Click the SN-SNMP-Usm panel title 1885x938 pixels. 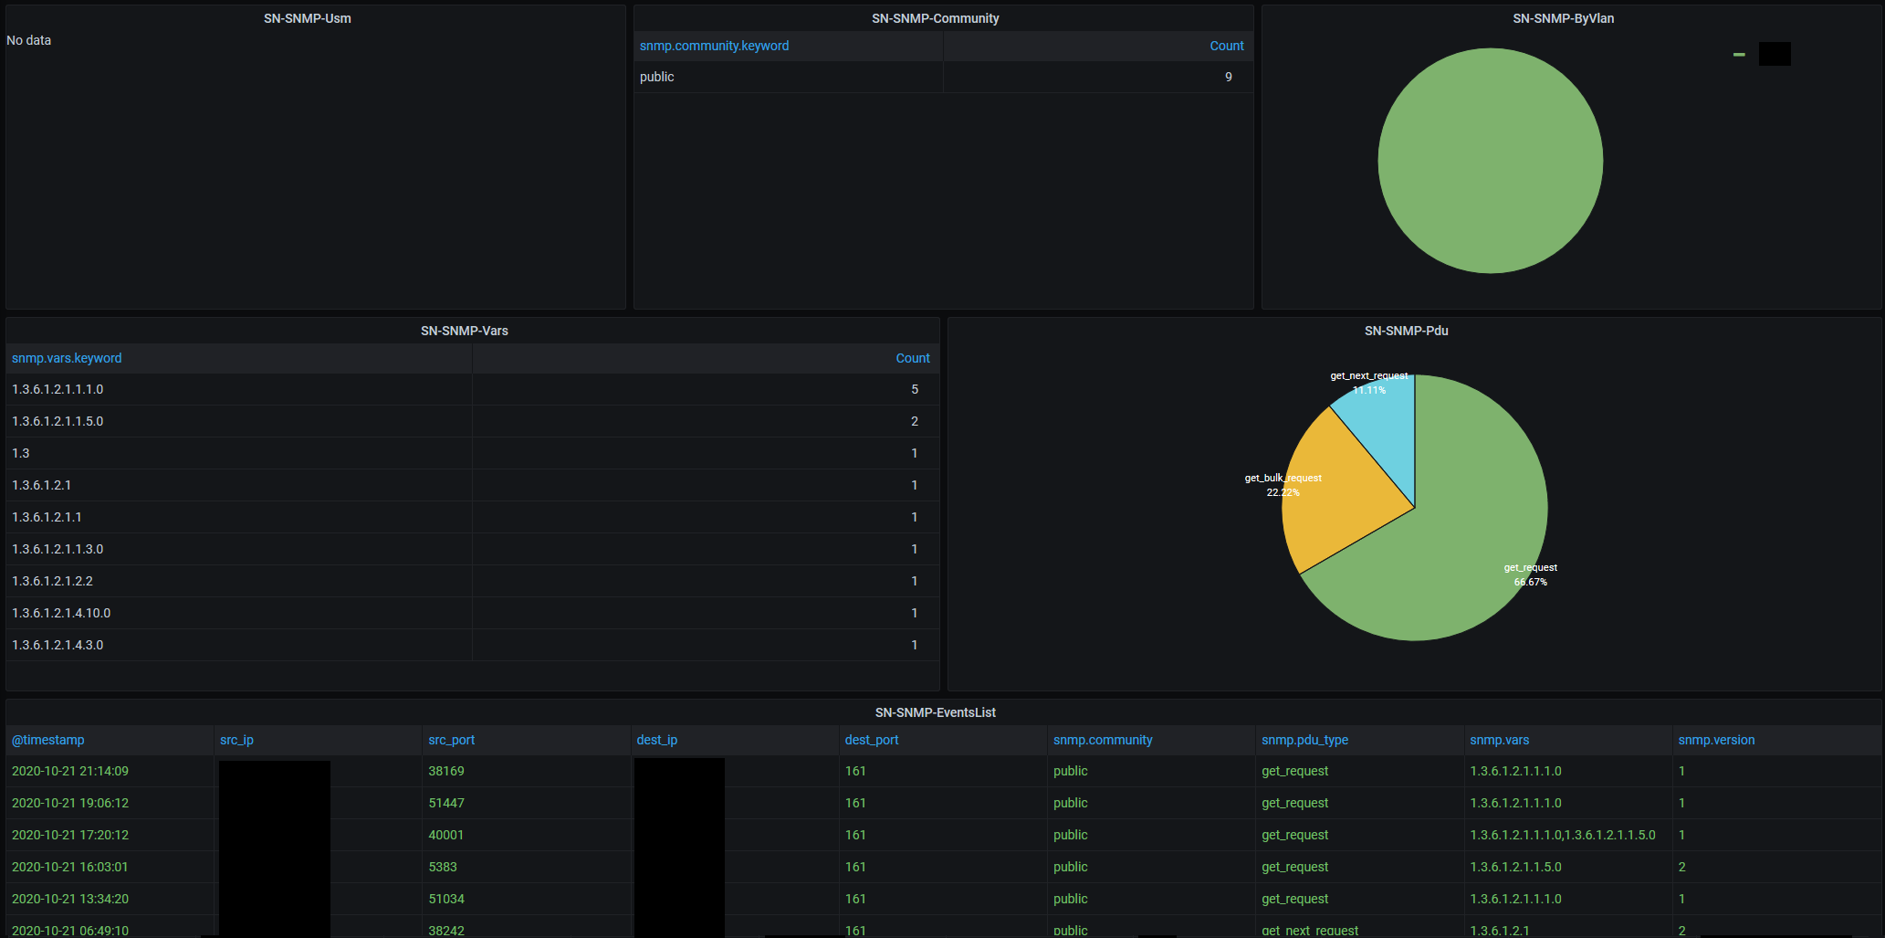coord(307,18)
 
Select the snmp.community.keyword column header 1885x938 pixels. coord(714,46)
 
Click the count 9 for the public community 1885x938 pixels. coord(1228,77)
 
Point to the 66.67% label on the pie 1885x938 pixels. coord(1530,582)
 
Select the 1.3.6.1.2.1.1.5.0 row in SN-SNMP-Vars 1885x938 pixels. coord(58,421)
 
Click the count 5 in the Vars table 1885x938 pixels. coord(914,389)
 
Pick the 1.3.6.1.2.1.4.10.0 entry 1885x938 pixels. coord(61,613)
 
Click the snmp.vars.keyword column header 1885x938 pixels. coord(67,358)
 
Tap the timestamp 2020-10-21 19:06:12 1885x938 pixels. coord(70,803)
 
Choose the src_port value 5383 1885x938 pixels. coord(443,867)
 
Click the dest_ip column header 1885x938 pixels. coord(657,740)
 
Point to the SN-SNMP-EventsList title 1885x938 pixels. coord(935,712)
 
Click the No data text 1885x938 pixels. coord(29,40)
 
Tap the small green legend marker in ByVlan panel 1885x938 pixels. coord(1739,55)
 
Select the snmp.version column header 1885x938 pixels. coord(1716,740)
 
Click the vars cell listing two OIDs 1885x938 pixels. coord(1562,835)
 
